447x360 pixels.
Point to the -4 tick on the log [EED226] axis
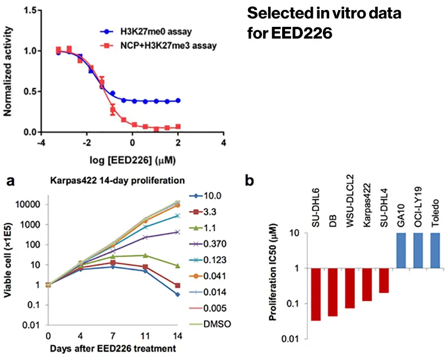[41, 143]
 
